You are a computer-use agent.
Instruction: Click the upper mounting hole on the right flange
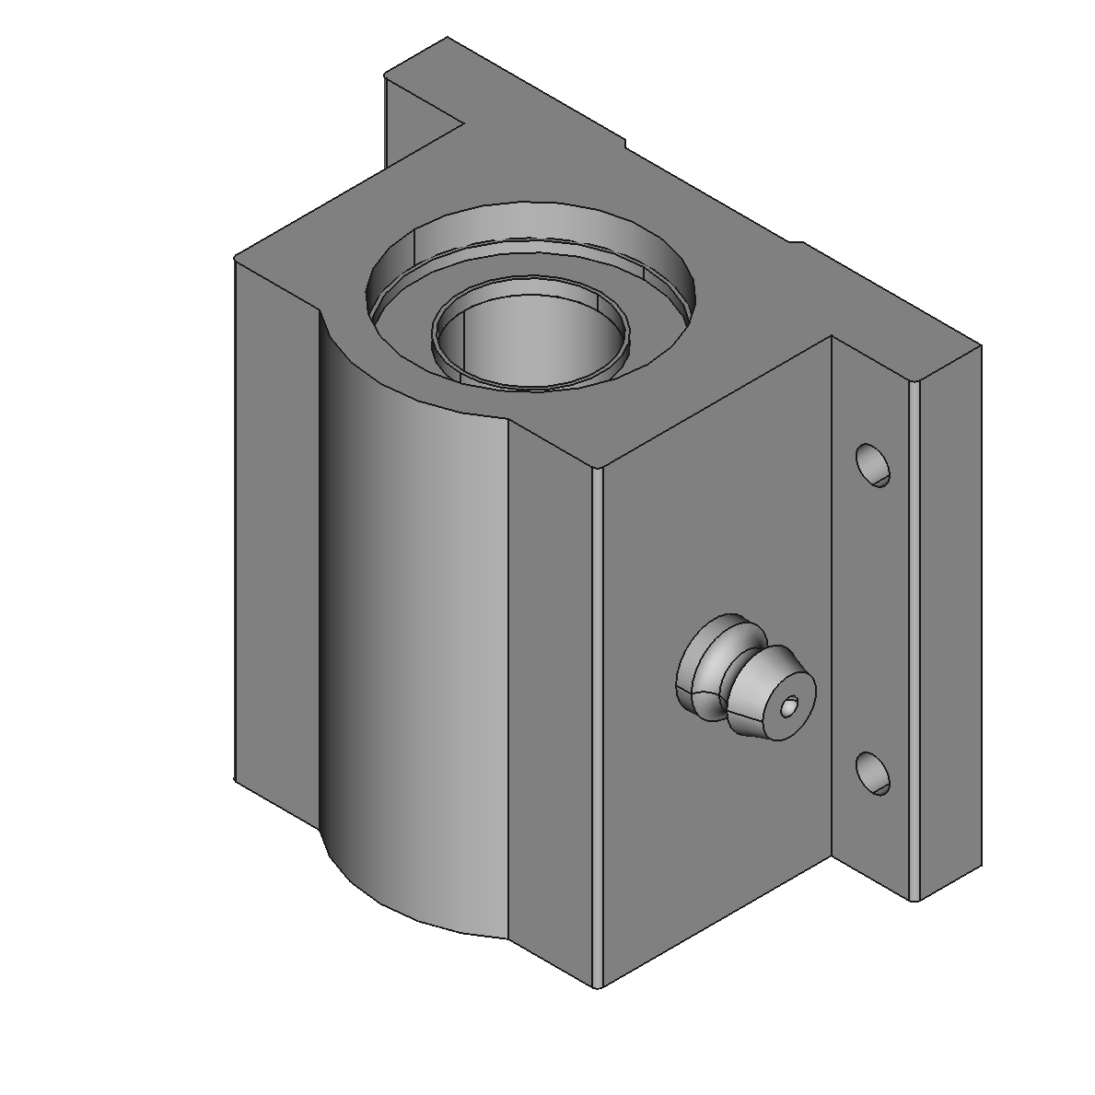point(873,465)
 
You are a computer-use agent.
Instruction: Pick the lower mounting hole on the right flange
point(872,774)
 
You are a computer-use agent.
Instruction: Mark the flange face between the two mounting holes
point(870,617)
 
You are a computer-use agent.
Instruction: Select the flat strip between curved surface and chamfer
point(549,700)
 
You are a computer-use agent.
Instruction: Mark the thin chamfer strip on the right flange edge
point(914,645)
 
